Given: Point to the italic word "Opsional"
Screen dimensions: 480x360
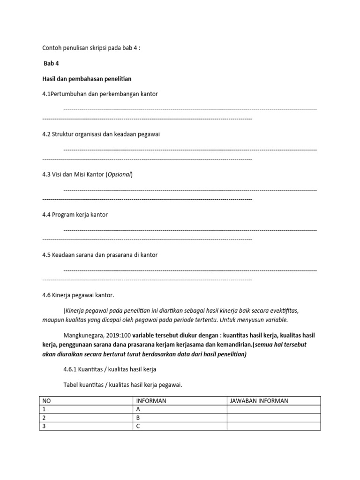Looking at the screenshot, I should coord(120,174).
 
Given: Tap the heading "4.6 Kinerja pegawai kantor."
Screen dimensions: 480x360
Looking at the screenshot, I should coord(78,295).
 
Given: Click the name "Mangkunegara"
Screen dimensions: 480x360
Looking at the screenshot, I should coord(82,335).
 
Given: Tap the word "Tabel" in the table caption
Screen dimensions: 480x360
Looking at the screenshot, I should coord(71,385).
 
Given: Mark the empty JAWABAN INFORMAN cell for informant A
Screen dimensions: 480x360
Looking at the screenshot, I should coord(273,409).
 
